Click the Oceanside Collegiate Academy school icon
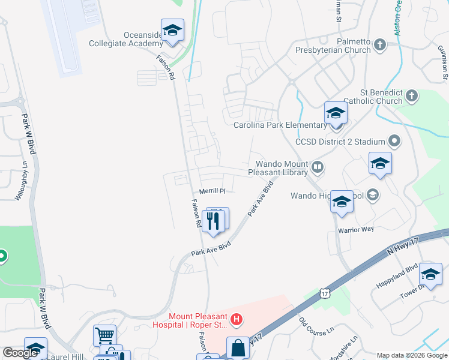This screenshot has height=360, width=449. coord(172,31)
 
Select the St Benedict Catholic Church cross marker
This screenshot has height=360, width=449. coord(411,95)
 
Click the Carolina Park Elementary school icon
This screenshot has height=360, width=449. coord(336,113)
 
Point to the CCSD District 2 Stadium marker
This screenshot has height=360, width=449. coord(394,142)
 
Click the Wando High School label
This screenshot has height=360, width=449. coord(327,196)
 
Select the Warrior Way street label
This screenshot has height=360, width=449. coord(355,229)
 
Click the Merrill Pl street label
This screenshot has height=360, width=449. coord(212,191)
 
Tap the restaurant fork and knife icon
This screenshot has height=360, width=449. coord(214,221)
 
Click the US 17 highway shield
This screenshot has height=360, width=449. coord(325,293)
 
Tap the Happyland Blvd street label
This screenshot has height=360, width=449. coord(396,277)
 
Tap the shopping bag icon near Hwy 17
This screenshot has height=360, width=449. coord(238,347)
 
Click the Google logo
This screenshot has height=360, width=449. coord(20,353)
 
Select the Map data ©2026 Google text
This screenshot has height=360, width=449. coord(412,355)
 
